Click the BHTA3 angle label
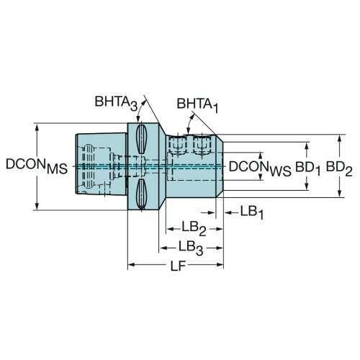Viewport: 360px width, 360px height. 116,103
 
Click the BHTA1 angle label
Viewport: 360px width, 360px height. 197,105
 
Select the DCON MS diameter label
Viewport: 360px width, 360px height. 37,166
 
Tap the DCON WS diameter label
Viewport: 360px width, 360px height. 260,168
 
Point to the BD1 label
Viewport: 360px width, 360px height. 308,168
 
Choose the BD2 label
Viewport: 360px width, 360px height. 339,168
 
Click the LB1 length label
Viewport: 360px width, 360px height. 252,212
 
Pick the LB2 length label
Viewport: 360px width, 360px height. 194,228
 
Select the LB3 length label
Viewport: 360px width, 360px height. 191,248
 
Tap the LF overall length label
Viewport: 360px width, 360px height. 178,266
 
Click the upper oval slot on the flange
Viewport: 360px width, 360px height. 141,139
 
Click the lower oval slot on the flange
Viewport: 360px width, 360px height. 141,194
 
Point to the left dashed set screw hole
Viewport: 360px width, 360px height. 178,145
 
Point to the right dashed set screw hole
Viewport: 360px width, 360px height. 202,145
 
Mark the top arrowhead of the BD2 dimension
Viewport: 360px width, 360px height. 339,139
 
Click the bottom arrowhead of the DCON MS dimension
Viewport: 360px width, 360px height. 37,205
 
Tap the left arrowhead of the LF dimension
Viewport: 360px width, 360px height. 132,265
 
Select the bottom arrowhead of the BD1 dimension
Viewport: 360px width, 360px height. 307,186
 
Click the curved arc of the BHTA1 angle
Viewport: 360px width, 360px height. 189,123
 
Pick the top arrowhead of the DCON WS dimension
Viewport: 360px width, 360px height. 261,156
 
